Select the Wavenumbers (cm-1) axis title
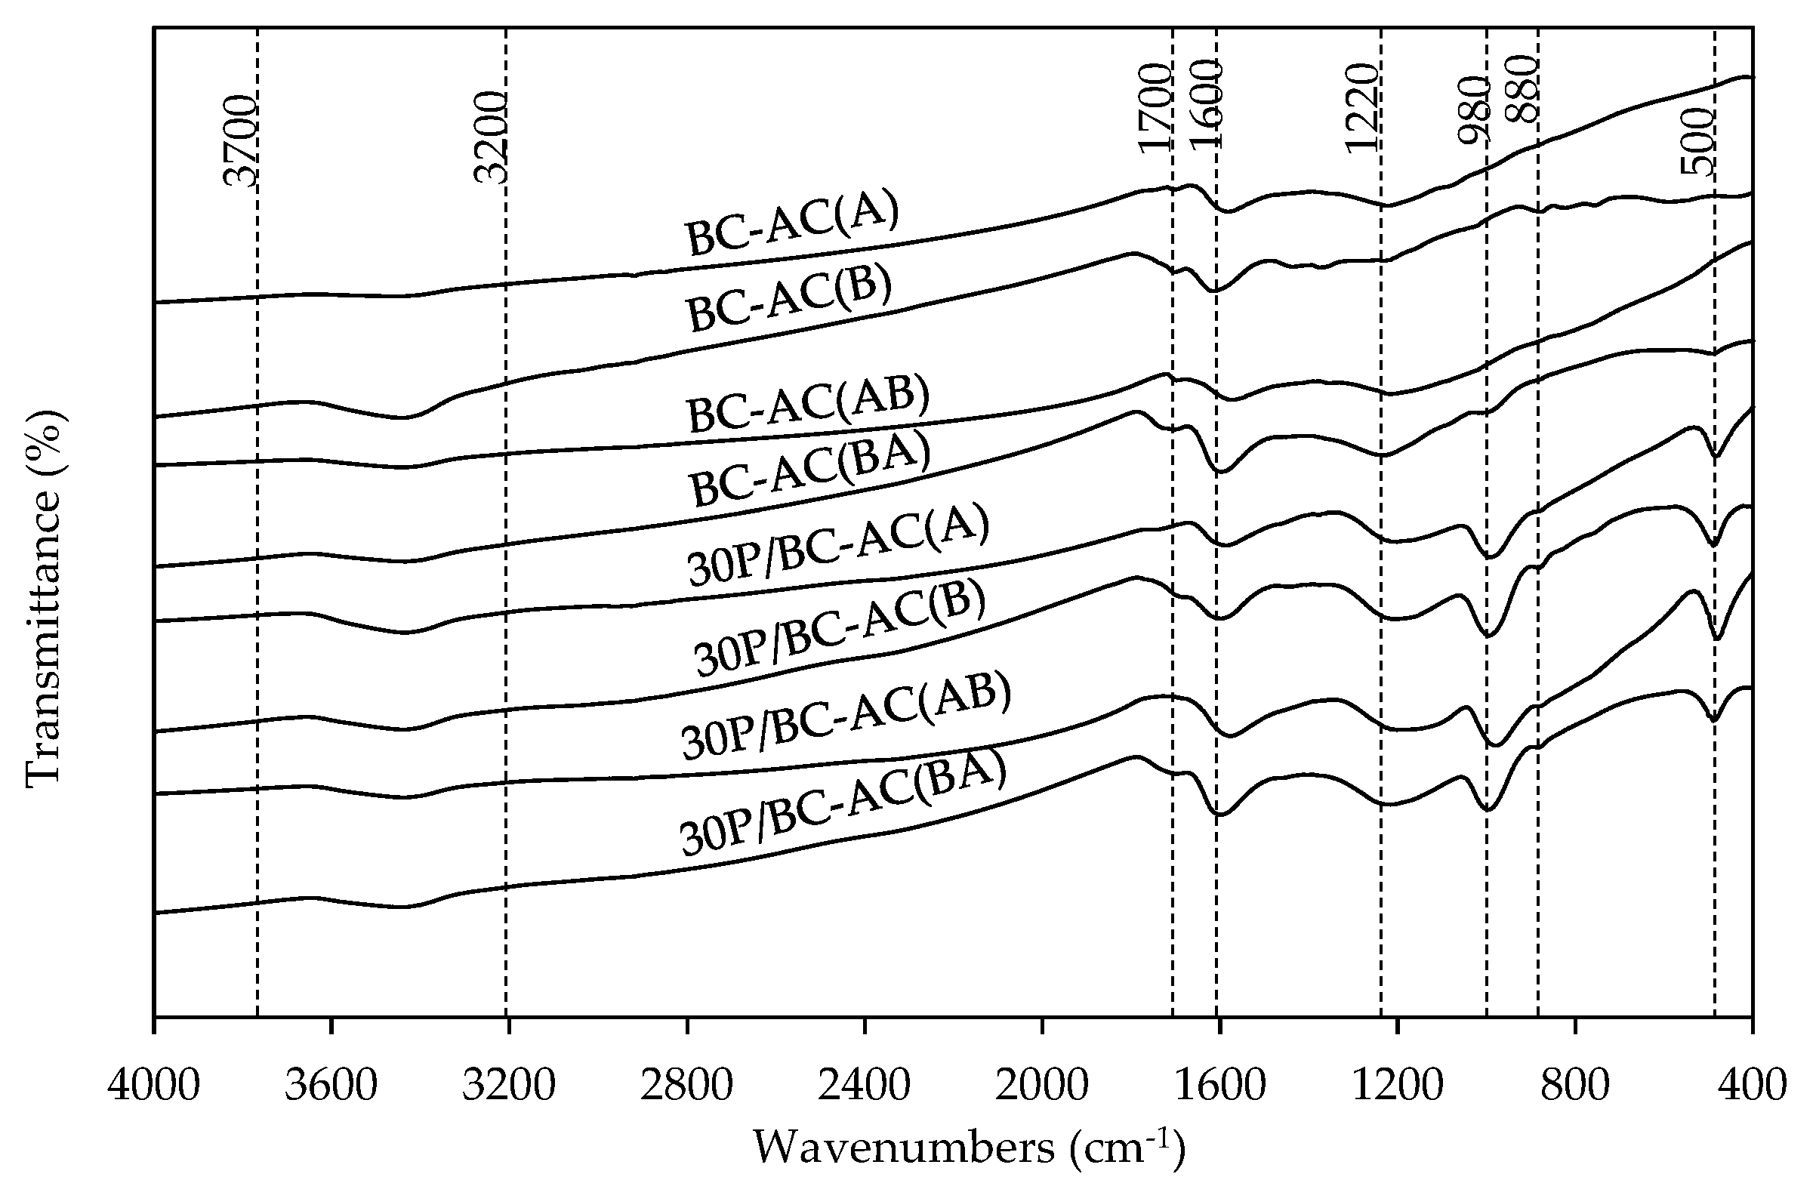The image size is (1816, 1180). coord(969,1146)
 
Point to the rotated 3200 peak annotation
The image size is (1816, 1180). coord(491,137)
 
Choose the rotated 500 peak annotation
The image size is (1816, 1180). coord(1698,141)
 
